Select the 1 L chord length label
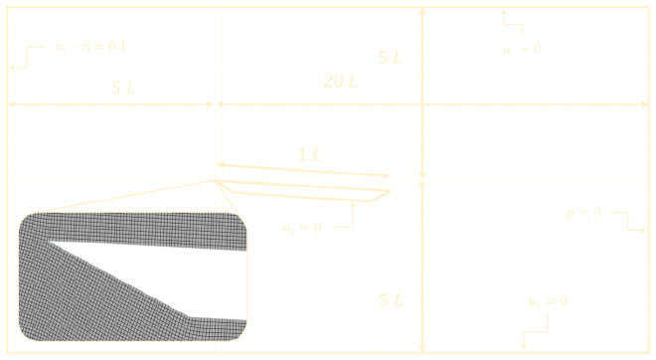coord(309,154)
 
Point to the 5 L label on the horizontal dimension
coord(123,88)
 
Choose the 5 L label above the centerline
coord(391,58)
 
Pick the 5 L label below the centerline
coord(391,298)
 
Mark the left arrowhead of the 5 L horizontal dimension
coord(12,103)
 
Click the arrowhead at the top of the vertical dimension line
coord(423,9)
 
